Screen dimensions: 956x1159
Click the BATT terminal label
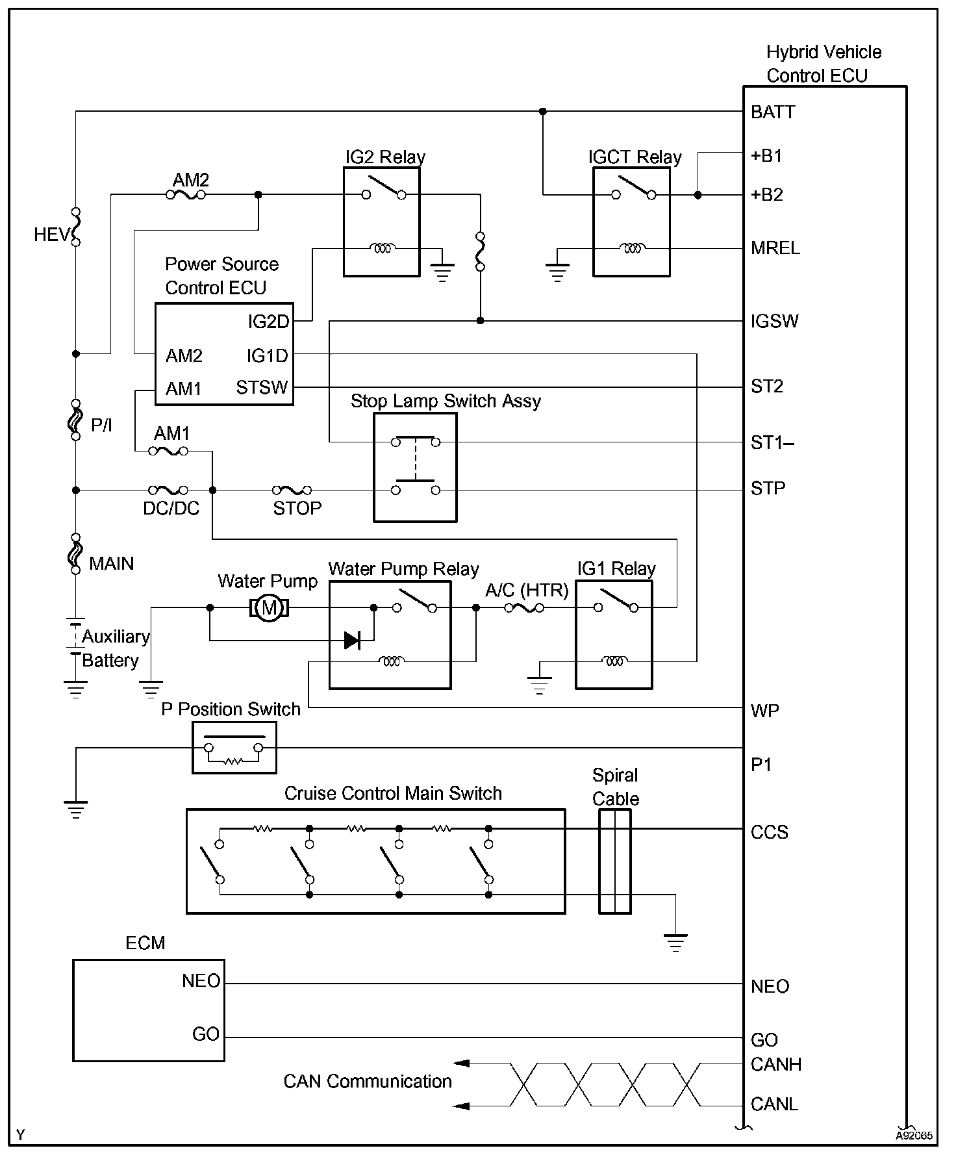pos(773,112)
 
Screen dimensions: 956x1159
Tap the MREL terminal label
pos(775,248)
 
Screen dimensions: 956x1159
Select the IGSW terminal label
pos(774,321)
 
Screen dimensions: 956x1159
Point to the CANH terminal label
pos(775,1064)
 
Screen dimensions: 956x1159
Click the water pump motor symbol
pos(269,608)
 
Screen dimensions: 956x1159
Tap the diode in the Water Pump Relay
pos(353,641)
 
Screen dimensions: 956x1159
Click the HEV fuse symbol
pos(76,227)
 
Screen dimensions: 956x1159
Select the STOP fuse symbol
pos(292,490)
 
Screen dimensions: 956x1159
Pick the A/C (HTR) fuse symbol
pos(523,608)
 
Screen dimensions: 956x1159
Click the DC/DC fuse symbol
pos(168,490)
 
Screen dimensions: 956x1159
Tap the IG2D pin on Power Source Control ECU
pos(268,322)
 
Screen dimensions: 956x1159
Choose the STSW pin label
pos(262,388)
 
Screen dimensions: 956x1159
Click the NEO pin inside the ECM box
pos(201,981)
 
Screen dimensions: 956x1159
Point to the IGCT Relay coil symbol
pos(632,248)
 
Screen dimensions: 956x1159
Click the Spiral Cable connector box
pos(614,862)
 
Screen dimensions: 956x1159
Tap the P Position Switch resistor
pos(233,761)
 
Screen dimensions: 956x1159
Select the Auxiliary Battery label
pos(115,648)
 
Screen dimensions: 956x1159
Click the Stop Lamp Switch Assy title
pos(446,401)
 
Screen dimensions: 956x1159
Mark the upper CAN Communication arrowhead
pos(460,1063)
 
